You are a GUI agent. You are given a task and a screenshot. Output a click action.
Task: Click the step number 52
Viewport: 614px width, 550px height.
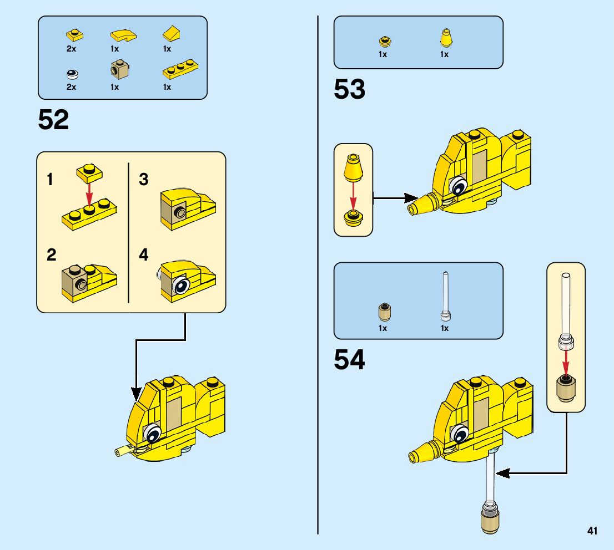53,120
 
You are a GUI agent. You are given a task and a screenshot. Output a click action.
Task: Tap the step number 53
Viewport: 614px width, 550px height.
349,90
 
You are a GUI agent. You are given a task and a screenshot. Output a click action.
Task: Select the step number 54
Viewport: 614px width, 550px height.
349,360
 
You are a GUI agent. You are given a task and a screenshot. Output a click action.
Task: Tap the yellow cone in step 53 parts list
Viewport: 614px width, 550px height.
445,39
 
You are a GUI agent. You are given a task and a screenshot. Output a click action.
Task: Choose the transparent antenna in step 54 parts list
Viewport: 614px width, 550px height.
445,297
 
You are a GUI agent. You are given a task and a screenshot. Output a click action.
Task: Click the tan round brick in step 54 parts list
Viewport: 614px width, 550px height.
383,312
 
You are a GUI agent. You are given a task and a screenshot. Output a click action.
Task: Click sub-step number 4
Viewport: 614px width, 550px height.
144,255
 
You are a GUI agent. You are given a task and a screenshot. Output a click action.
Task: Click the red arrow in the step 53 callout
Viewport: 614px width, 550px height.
353,196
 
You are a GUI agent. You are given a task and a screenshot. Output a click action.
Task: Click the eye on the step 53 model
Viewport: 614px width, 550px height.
457,187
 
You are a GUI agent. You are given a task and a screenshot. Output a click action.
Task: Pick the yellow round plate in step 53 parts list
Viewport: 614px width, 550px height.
383,40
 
